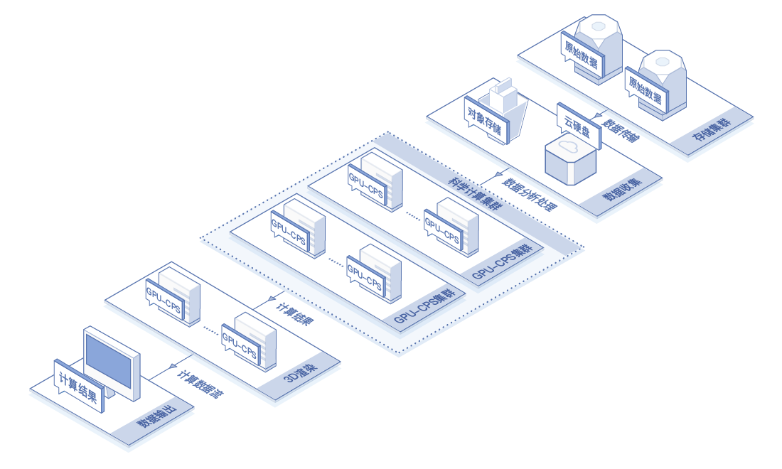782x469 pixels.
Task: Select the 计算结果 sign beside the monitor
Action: (x=78, y=386)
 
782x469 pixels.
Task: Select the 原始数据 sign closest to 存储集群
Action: (x=646, y=89)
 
